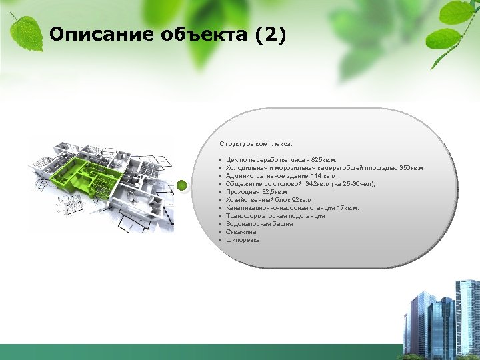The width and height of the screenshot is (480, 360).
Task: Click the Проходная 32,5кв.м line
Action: click(256, 192)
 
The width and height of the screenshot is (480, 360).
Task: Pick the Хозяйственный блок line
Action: click(269, 200)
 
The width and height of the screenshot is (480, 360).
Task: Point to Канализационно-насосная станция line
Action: click(292, 208)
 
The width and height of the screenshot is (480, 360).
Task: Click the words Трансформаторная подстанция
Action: click(275, 216)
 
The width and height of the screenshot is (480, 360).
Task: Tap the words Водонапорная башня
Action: click(259, 224)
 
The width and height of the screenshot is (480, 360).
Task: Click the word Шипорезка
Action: click(243, 240)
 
